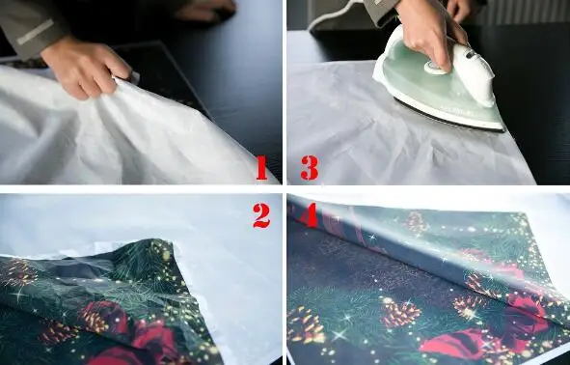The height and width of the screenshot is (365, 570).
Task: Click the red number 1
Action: [261, 168]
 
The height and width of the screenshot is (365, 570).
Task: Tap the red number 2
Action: [261, 215]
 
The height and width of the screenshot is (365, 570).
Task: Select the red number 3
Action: [310, 168]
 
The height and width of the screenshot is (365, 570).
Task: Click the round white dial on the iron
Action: [435, 68]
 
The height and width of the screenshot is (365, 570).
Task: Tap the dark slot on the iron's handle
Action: [471, 55]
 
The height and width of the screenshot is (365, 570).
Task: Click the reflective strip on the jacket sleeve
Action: [36, 32]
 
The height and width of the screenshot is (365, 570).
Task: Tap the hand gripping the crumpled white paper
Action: [86, 70]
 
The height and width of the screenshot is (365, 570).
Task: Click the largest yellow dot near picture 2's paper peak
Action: [166, 256]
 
